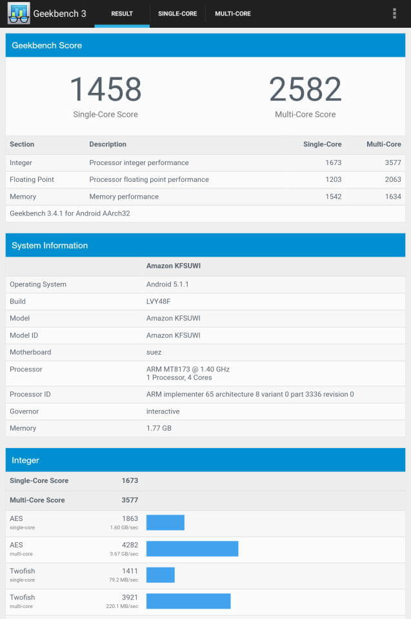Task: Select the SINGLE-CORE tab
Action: pyautogui.click(x=177, y=14)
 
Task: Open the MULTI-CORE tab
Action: pyautogui.click(x=233, y=14)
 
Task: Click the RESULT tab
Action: pyautogui.click(x=122, y=14)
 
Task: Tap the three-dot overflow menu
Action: pyautogui.click(x=394, y=14)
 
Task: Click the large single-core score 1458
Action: pyautogui.click(x=105, y=90)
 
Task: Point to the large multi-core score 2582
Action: pyautogui.click(x=305, y=90)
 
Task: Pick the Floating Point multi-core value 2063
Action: pyautogui.click(x=392, y=179)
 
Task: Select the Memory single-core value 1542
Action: pyautogui.click(x=333, y=196)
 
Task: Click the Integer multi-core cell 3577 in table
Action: pyautogui.click(x=392, y=162)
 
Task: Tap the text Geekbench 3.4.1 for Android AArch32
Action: pyautogui.click(x=70, y=213)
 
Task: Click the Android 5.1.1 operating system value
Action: pyautogui.click(x=167, y=284)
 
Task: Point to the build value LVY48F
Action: pyautogui.click(x=159, y=301)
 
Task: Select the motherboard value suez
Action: pyautogui.click(x=154, y=352)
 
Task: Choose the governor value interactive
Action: pyautogui.click(x=163, y=411)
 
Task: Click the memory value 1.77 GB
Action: pyautogui.click(x=159, y=428)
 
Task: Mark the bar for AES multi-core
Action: pyautogui.click(x=192, y=549)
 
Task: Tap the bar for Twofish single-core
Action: pyautogui.click(x=161, y=575)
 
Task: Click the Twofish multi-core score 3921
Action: pyautogui.click(x=130, y=597)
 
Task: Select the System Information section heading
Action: pyautogui.click(x=50, y=245)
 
